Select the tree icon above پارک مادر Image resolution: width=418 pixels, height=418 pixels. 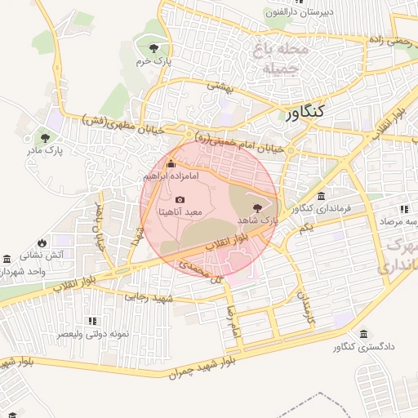point(45,137)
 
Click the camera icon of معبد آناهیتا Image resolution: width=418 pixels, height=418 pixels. point(180,199)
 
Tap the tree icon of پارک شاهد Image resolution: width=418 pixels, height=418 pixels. point(258,208)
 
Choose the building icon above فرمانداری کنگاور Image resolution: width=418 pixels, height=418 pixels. point(321,197)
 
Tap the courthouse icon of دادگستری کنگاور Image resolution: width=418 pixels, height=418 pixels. point(362,333)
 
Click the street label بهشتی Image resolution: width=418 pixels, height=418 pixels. point(219,85)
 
